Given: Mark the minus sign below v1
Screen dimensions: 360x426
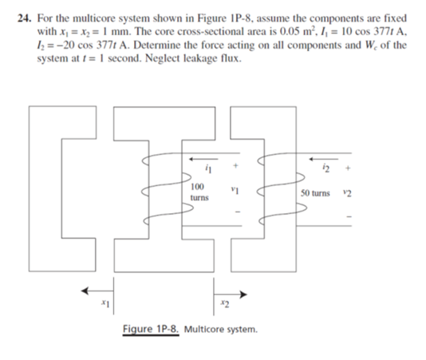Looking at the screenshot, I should pos(236,214).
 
